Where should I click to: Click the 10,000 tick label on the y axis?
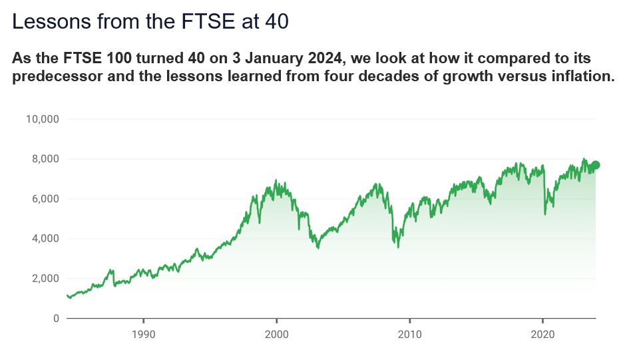[43, 119]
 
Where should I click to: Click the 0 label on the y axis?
[57, 319]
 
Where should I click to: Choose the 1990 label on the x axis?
[143, 334]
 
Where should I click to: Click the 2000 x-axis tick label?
[276, 334]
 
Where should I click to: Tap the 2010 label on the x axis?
[409, 334]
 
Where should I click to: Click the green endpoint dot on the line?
[596, 165]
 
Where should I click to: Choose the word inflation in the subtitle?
[580, 76]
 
